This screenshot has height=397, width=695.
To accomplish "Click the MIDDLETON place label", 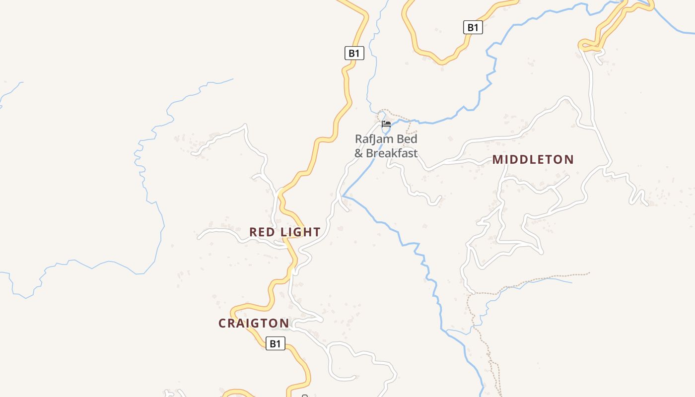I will tap(533, 160).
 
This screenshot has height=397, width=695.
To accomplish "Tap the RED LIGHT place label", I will tap(284, 232).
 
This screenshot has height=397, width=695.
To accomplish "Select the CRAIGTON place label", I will tap(254, 324).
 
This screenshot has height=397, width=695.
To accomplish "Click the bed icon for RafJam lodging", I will tap(386, 124).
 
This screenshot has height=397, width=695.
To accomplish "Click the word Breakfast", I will tap(392, 153).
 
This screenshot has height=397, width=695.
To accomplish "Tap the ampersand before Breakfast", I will tap(359, 153).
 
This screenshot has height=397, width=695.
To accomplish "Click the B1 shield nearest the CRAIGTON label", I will tap(276, 343).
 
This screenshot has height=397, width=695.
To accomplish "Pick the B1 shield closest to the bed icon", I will tap(354, 53).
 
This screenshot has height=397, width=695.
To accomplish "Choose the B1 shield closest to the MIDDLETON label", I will tap(473, 27).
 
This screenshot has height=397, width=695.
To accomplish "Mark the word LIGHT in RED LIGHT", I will tap(300, 232).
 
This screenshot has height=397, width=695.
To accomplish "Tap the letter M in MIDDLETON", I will tap(497, 160).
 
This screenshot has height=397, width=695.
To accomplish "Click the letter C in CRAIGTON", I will tap(222, 324).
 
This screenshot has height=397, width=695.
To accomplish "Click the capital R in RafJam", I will tap(358, 139).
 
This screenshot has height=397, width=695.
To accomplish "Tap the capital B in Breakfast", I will tap(370, 153).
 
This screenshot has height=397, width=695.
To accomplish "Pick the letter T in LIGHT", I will tap(317, 232).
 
